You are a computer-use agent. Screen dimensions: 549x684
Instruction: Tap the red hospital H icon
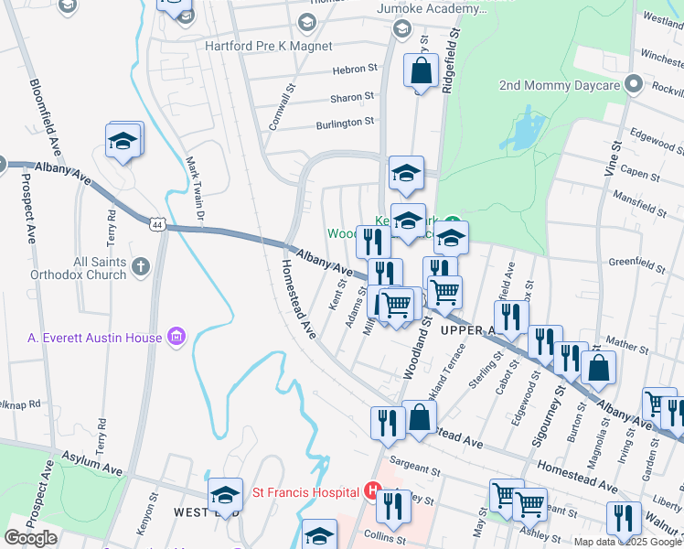371,491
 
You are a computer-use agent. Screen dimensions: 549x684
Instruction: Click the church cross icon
139,266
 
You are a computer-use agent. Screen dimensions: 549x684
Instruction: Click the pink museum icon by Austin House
177,338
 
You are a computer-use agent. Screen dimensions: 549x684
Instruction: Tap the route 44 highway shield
157,223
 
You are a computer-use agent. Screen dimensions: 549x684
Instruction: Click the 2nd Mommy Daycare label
560,85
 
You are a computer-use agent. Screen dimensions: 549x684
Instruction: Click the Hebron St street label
354,69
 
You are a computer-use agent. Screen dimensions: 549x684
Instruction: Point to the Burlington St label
345,122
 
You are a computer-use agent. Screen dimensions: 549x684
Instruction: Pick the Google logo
31,538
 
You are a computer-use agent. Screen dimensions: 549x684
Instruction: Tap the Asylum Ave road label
91,461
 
